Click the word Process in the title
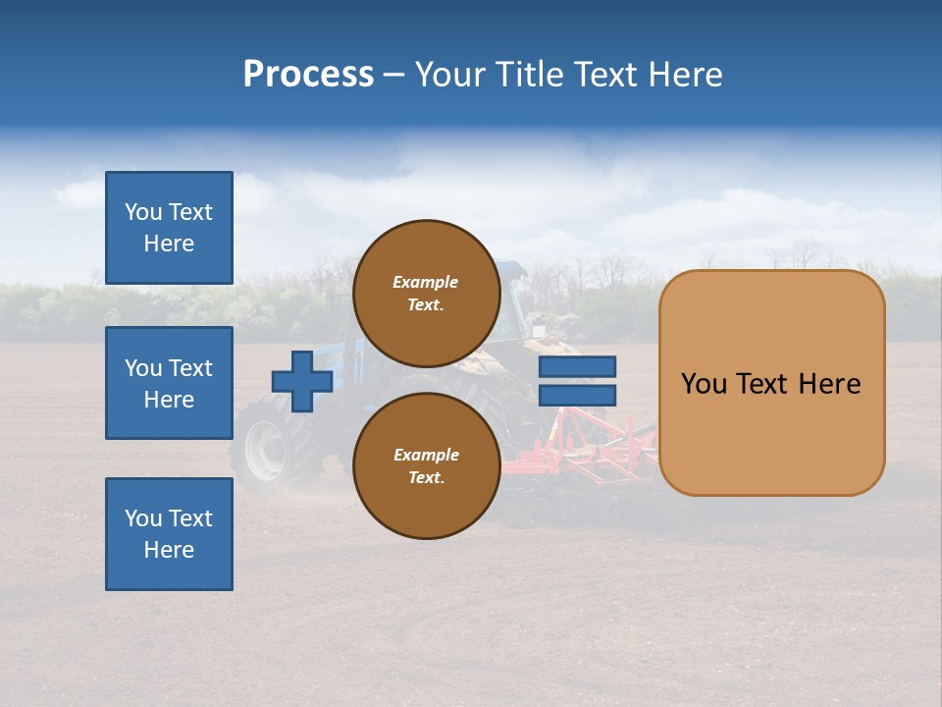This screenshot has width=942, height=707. pyautogui.click(x=308, y=75)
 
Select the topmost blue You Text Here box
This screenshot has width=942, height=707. pyautogui.click(x=169, y=228)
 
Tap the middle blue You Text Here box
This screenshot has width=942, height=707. pyautogui.click(x=169, y=383)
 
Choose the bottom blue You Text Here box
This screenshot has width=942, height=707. pyautogui.click(x=169, y=533)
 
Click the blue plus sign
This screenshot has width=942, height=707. pyautogui.click(x=302, y=382)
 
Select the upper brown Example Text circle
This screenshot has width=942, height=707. pyautogui.click(x=426, y=293)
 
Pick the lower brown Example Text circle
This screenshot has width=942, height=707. pyautogui.click(x=426, y=465)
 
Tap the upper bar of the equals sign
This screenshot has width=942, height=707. pyautogui.click(x=577, y=367)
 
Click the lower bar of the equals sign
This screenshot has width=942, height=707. pyautogui.click(x=577, y=396)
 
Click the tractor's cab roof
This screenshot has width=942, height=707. pyautogui.click(x=511, y=266)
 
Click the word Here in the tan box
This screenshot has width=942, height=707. pyautogui.click(x=829, y=384)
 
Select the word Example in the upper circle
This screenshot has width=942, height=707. pyautogui.click(x=426, y=282)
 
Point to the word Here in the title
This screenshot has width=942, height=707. pyautogui.click(x=686, y=75)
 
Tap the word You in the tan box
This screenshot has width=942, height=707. pyautogui.click(x=704, y=384)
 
